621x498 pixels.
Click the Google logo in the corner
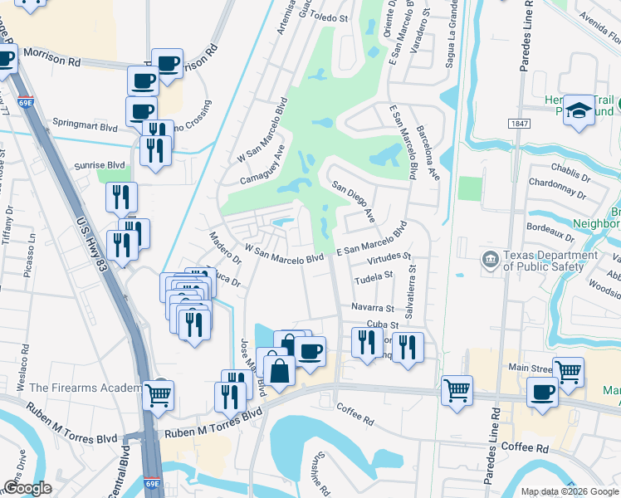point(27,488)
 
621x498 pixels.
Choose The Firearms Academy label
point(85,388)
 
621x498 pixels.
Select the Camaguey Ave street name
point(263,165)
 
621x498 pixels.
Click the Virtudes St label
point(389,259)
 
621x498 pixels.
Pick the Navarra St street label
point(372,308)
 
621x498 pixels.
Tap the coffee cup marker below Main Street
point(542,392)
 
